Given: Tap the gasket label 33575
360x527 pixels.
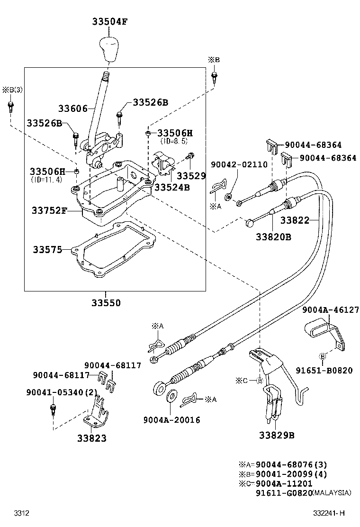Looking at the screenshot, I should tap(47, 249).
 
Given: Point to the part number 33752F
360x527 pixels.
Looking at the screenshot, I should tap(49, 210).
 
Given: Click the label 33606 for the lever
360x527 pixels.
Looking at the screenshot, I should tap(73, 109).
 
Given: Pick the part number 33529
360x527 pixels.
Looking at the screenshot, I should tap(191, 176).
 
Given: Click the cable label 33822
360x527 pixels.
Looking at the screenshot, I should tap(295, 220).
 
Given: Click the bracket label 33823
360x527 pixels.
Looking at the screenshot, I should tap(92, 438).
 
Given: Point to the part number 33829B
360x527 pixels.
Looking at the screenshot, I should tap(277, 435).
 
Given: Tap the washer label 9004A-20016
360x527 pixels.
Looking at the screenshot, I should tap(171, 420).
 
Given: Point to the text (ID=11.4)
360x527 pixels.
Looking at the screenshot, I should tap(47, 180).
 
